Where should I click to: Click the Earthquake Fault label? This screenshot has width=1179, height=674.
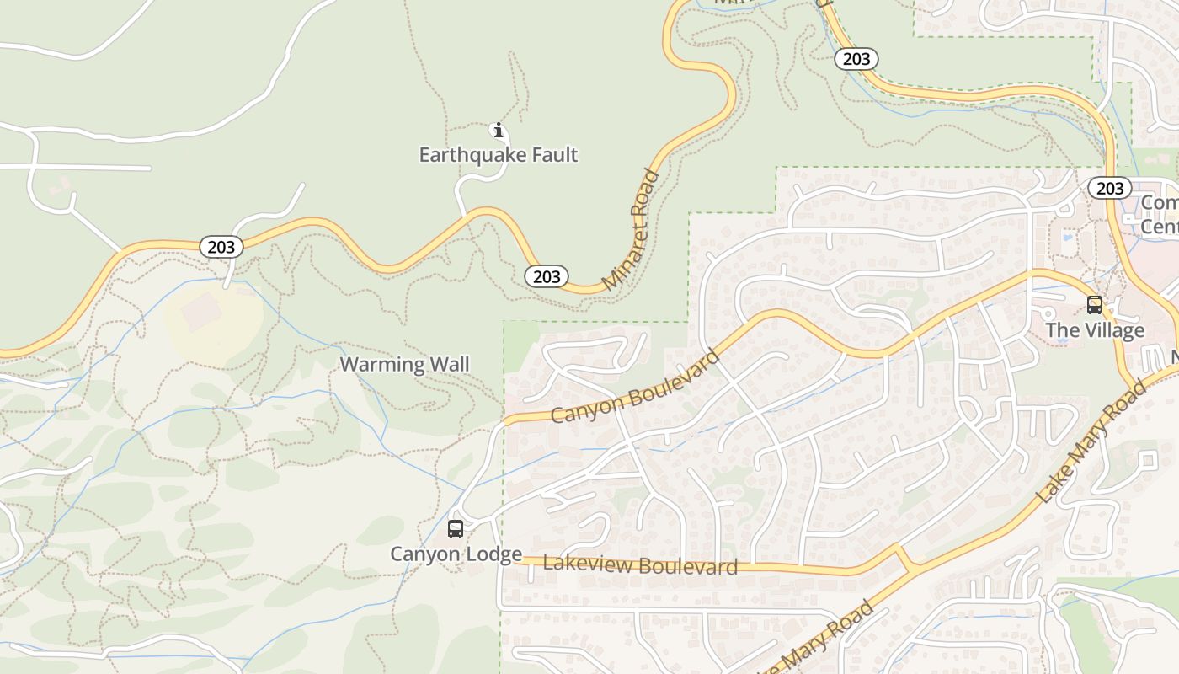[499, 155]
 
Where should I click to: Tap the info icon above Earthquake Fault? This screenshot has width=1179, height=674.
[498, 130]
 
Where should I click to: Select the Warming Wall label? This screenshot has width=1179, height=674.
[404, 364]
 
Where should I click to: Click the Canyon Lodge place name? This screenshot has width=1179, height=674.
[456, 554]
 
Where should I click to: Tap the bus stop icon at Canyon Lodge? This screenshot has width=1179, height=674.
[456, 529]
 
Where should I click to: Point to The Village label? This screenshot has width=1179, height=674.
[1095, 330]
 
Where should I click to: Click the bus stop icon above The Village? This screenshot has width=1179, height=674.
[1095, 305]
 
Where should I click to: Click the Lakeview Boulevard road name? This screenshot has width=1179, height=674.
[640, 564]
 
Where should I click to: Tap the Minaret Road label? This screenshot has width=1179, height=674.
[632, 229]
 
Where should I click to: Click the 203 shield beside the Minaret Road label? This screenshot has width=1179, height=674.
[547, 276]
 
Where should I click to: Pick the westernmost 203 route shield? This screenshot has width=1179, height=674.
[221, 247]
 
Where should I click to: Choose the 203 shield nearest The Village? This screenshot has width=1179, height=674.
[1110, 188]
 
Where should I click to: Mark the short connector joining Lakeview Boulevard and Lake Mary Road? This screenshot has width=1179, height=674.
[905, 559]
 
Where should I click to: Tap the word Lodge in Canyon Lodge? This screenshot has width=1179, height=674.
[494, 554]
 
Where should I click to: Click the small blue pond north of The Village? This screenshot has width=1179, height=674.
[1068, 238]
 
